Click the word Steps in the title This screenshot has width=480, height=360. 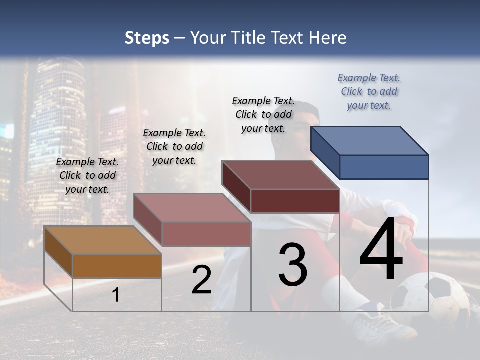point(147,38)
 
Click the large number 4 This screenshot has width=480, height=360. point(381,250)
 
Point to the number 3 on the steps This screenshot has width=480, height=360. point(293,265)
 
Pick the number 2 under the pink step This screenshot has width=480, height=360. point(201,280)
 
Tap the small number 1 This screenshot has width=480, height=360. point(116,295)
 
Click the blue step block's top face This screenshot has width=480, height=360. point(369,140)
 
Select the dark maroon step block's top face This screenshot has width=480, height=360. point(280,175)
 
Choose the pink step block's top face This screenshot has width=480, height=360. point(192,208)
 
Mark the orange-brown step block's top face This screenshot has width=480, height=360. point(103,240)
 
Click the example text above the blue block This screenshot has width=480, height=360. point(369,92)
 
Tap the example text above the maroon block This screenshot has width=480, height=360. point(263,114)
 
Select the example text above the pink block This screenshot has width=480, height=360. point(174,146)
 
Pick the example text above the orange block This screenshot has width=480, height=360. point(87,175)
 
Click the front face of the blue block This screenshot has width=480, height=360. point(384,167)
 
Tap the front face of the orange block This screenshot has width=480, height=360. point(117,266)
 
